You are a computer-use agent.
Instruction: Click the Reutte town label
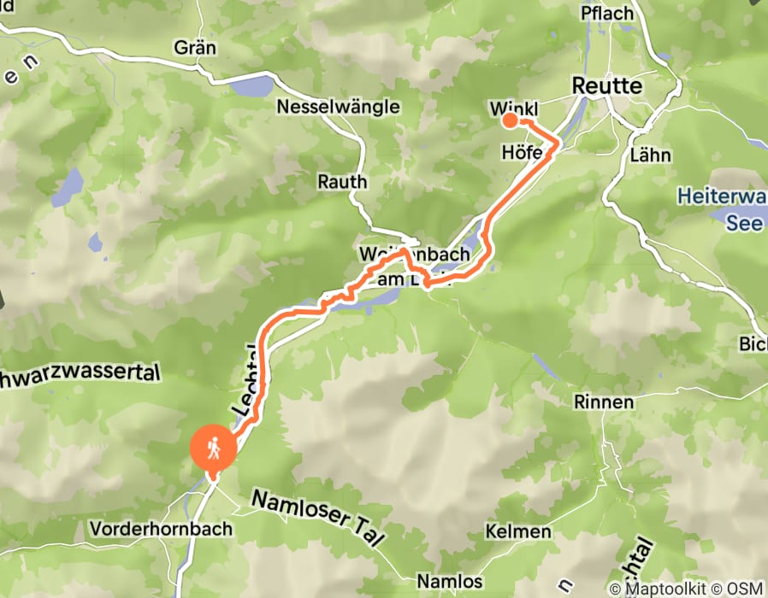coord(606,86)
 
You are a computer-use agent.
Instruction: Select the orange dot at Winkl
coord(509,120)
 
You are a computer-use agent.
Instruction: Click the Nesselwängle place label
coord(338,107)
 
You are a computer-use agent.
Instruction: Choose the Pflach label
coord(606,14)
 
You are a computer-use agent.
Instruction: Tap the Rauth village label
coord(342,182)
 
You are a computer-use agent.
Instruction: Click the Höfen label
coord(522,152)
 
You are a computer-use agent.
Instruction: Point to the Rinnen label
coord(605,402)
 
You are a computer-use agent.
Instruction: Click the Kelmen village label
coord(517,531)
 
